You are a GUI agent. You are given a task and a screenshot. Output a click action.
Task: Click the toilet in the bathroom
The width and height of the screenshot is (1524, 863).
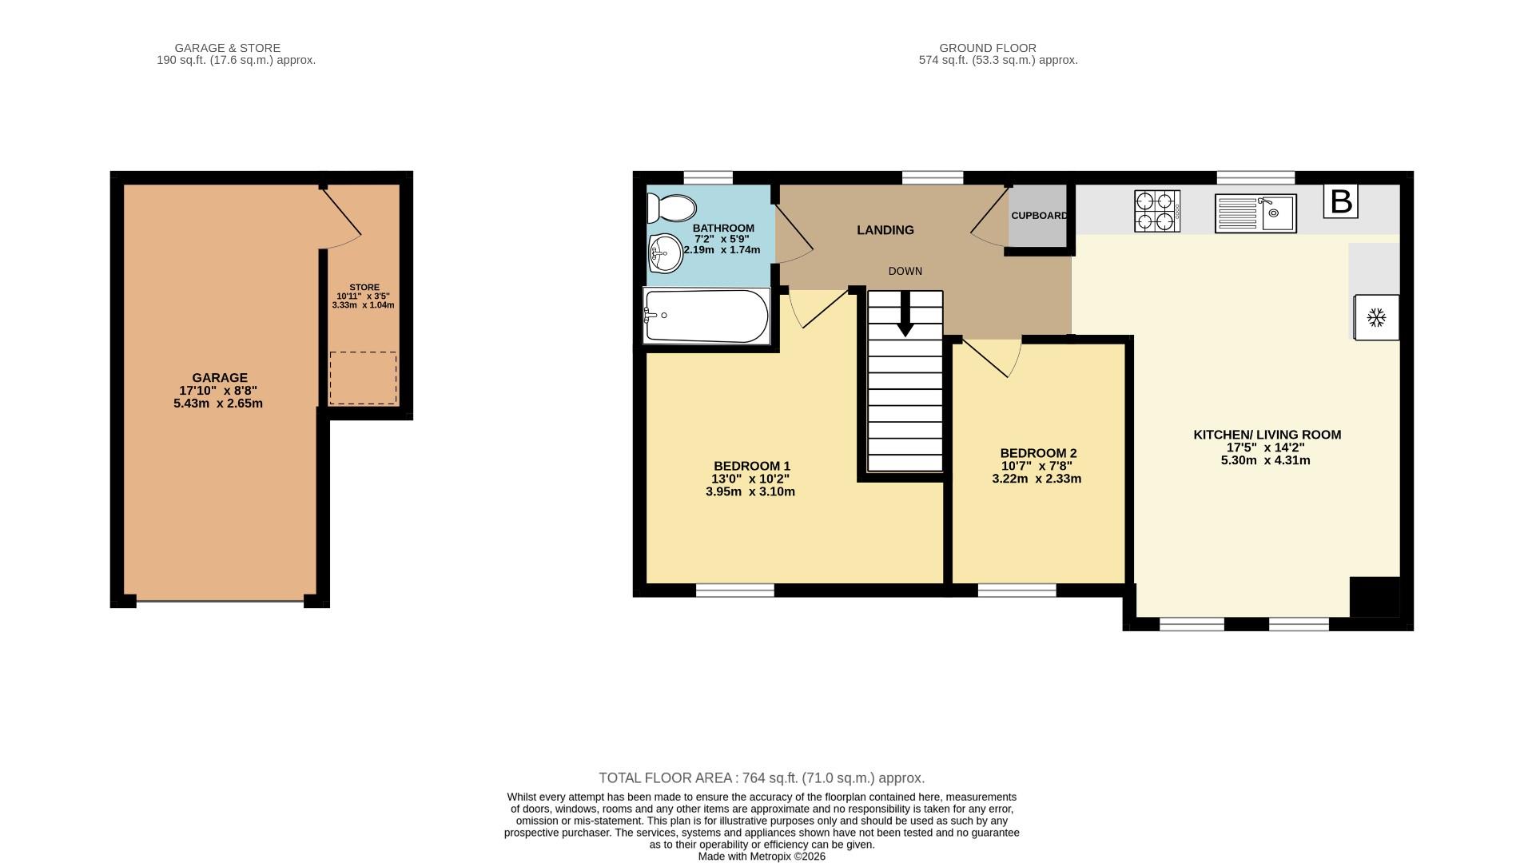(x=671, y=209)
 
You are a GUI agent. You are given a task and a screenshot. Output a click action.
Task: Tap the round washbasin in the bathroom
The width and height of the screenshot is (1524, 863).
(x=665, y=253)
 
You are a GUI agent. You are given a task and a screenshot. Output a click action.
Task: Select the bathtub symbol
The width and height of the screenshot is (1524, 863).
(x=706, y=316)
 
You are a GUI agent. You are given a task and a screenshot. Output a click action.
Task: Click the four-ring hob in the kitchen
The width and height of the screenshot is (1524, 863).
(x=1156, y=211)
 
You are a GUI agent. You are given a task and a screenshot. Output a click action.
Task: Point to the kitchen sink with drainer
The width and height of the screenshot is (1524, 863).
(x=1255, y=213)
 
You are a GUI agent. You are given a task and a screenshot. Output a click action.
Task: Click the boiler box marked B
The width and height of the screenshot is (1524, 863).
(x=1340, y=201)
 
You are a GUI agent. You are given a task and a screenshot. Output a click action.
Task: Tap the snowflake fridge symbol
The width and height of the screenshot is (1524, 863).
(x=1375, y=318)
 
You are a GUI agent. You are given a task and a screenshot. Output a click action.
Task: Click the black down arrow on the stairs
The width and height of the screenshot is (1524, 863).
(x=905, y=314)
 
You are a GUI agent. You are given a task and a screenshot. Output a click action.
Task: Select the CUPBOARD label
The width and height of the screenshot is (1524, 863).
(x=1039, y=216)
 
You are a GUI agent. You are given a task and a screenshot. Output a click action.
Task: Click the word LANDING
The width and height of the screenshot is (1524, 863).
(x=885, y=230)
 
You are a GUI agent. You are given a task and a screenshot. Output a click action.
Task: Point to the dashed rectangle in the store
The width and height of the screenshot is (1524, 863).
(x=363, y=378)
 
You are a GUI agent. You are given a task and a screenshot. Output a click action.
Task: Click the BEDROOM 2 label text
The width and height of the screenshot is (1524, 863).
(x=1038, y=453)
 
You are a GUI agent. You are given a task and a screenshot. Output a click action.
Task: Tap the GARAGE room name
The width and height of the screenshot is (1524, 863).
(x=220, y=378)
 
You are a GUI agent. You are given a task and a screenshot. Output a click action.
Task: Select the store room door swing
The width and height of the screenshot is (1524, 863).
(x=343, y=219)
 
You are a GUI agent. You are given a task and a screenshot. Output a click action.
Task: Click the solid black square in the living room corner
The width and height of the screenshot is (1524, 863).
(x=1374, y=596)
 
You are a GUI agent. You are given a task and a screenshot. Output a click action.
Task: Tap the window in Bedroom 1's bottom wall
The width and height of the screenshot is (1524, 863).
(x=734, y=591)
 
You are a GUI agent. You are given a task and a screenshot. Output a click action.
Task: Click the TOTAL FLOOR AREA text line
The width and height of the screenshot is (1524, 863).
(x=761, y=778)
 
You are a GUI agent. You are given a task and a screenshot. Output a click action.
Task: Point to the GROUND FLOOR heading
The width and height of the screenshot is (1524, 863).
(x=987, y=48)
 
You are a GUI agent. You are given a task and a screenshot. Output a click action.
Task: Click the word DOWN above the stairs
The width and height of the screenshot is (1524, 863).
(x=905, y=272)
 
